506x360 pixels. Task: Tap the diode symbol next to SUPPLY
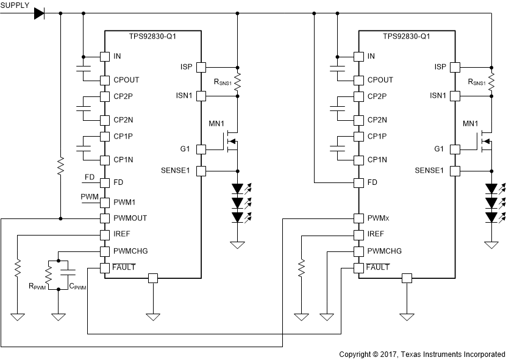[40, 12]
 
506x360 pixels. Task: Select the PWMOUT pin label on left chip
[130, 218]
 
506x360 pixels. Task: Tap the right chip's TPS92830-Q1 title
[407, 36]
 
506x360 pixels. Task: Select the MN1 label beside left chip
[216, 124]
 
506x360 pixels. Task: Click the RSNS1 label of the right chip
[477, 82]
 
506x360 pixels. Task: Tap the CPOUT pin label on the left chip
[126, 80]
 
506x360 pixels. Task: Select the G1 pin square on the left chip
[202, 149]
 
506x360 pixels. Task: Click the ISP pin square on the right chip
[455, 67]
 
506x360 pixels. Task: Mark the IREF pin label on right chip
[376, 234]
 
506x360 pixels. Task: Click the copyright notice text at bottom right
[422, 354]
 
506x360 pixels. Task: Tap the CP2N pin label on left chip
[124, 120]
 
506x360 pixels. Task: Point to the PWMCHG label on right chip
[385, 251]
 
